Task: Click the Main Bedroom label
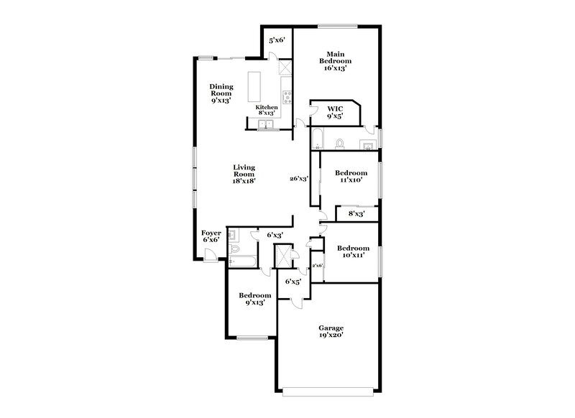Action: [333, 61]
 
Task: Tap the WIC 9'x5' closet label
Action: [335, 111]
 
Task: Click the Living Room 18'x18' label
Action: [244, 175]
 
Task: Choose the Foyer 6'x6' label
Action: [210, 236]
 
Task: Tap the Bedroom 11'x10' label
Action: [352, 177]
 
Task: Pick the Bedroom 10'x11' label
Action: [352, 252]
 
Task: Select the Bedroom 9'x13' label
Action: [255, 299]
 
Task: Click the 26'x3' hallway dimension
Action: [299, 179]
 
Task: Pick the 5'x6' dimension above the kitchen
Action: [277, 41]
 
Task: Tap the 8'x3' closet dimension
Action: [356, 213]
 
